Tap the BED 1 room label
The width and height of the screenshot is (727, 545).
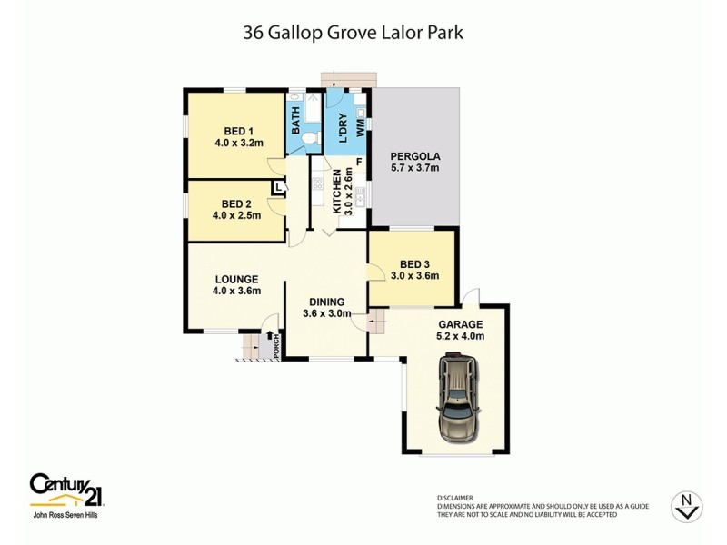(x=238, y=129)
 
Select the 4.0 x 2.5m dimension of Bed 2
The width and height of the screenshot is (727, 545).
(x=237, y=216)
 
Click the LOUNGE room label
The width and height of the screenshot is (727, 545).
(x=237, y=279)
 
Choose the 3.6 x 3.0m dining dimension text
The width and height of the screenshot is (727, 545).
(x=326, y=315)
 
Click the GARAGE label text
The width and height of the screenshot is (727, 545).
(x=461, y=323)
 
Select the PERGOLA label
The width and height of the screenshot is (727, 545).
(x=414, y=154)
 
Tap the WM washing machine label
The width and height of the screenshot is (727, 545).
(x=361, y=127)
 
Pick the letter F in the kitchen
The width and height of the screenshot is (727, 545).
(x=359, y=162)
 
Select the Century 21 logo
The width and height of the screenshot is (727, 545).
(x=65, y=490)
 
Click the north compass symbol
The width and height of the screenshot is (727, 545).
(x=686, y=507)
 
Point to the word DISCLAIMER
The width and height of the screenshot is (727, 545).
(x=455, y=498)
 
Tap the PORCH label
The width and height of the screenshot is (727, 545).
(x=275, y=349)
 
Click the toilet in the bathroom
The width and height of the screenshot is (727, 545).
(x=310, y=137)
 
